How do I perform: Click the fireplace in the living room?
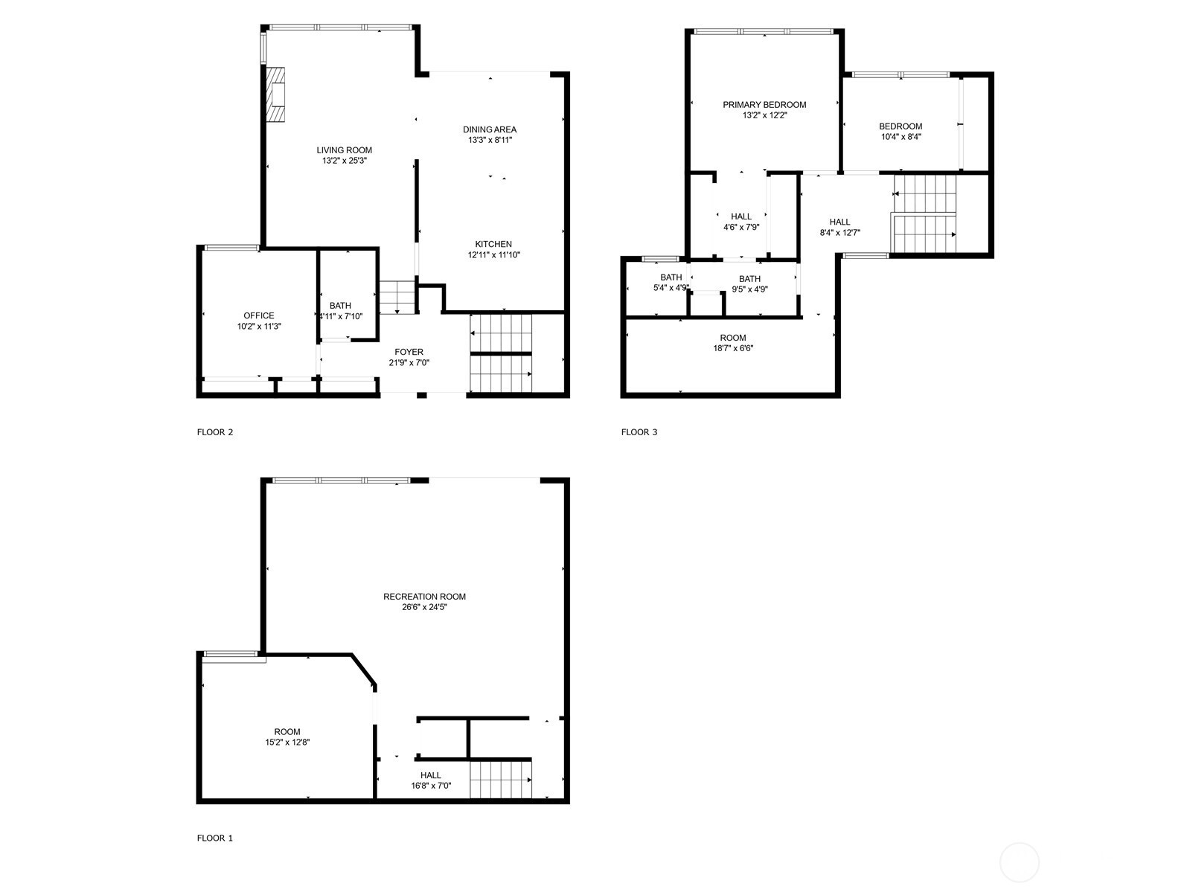click(x=276, y=95)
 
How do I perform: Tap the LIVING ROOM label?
click(x=344, y=150)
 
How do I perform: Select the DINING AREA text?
click(x=490, y=129)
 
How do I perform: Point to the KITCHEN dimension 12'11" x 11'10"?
click(x=493, y=255)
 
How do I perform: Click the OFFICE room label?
click(x=259, y=315)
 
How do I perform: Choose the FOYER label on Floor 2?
click(x=409, y=352)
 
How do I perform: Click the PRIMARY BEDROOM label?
click(x=764, y=105)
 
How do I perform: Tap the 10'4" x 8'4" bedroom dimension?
click(x=901, y=137)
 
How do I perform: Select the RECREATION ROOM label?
click(x=424, y=596)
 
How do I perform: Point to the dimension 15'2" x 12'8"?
click(x=287, y=742)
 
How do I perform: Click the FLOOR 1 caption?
click(x=215, y=838)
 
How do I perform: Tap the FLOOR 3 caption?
click(x=639, y=432)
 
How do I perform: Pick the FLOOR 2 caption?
click(x=215, y=432)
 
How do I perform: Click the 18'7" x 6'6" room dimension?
click(x=732, y=348)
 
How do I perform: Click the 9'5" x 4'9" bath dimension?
click(x=750, y=289)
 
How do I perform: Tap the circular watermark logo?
click(x=1019, y=863)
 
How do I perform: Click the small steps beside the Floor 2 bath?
click(x=396, y=297)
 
